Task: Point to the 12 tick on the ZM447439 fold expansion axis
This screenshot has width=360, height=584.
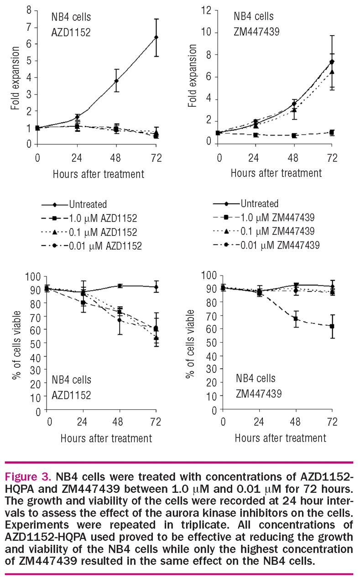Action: coord(208,10)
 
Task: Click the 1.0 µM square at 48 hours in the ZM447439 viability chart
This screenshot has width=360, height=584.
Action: coord(296,318)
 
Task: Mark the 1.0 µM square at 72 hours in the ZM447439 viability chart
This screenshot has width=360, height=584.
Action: coord(332,326)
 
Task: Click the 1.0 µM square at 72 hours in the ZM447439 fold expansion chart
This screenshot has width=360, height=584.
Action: coord(332,132)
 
